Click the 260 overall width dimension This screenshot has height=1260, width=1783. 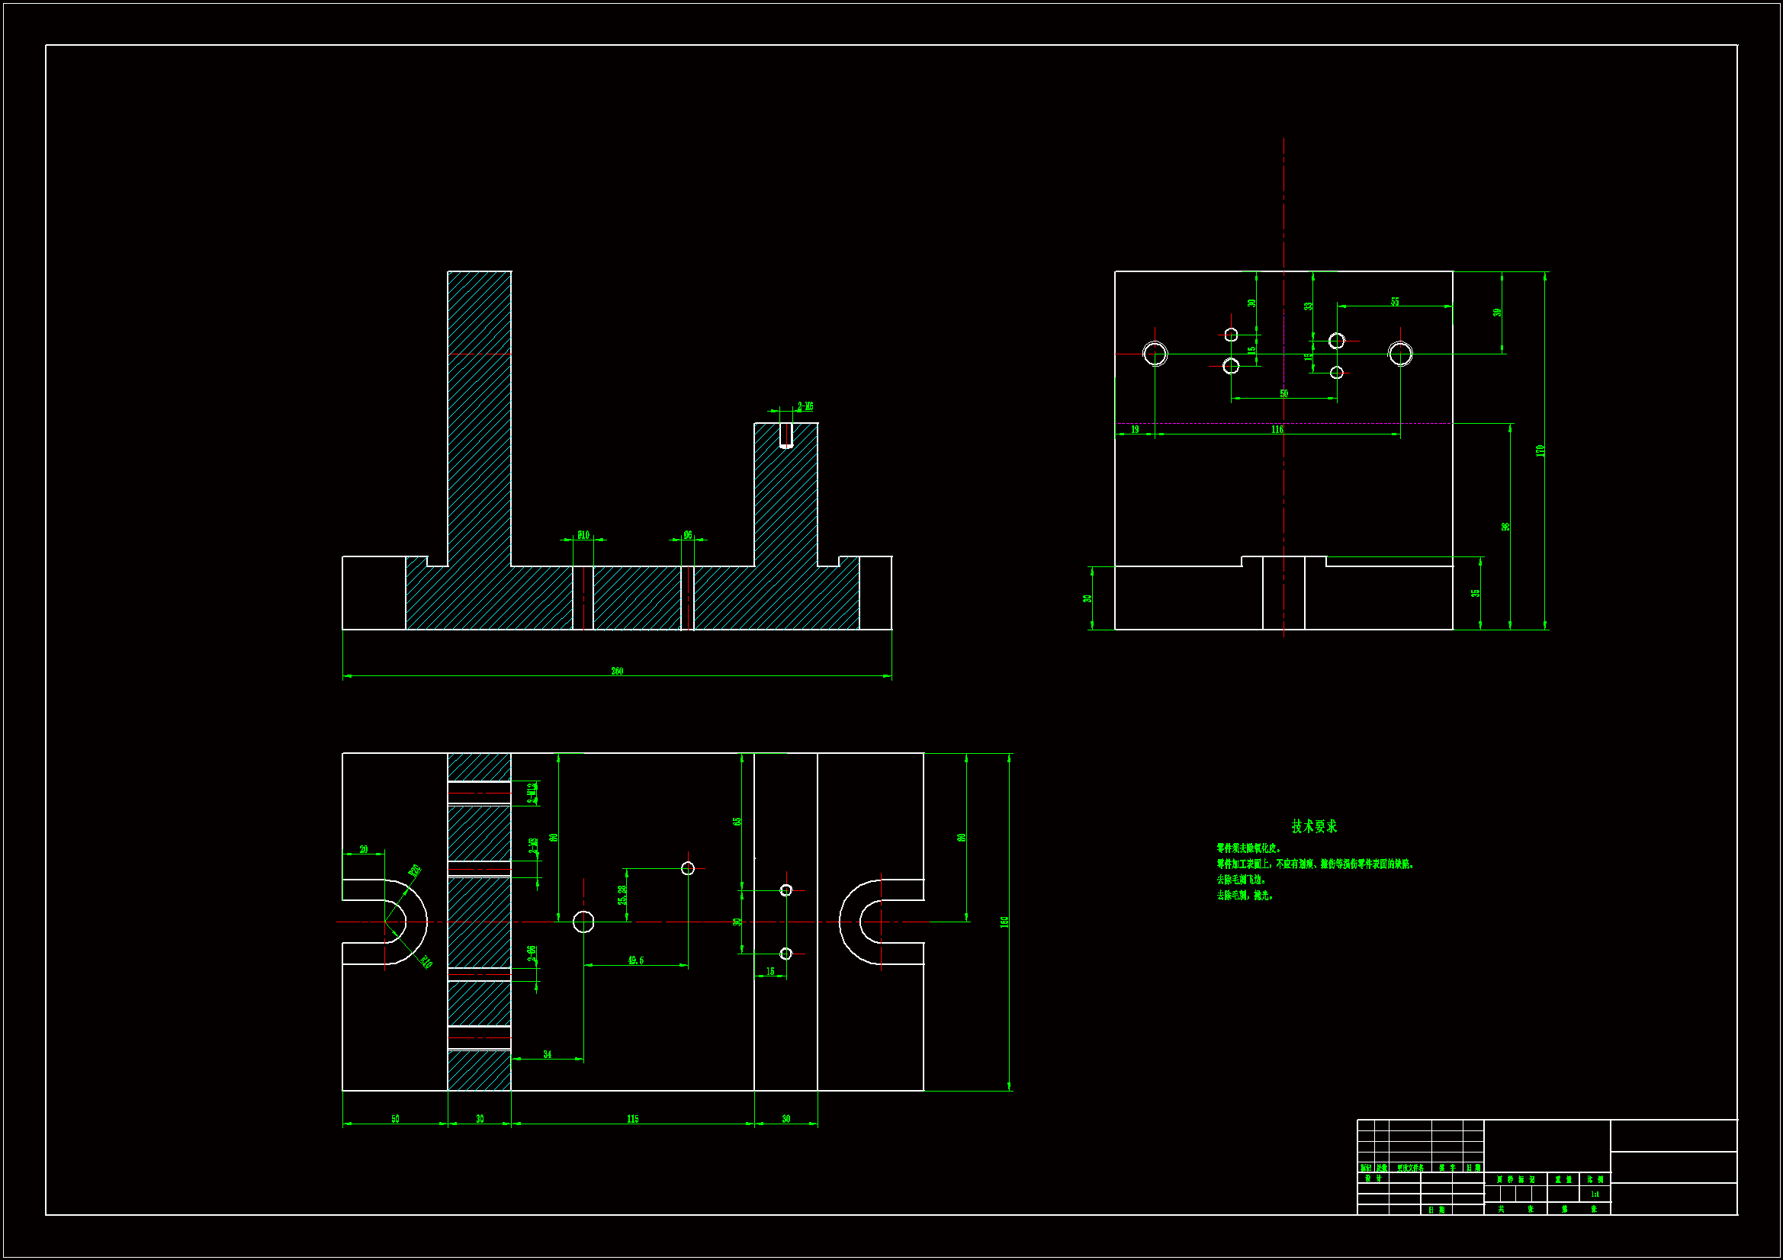click(x=617, y=671)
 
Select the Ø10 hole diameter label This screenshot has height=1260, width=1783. click(x=583, y=535)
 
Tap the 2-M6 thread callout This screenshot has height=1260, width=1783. click(x=805, y=406)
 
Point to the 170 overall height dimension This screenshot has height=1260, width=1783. click(x=1540, y=450)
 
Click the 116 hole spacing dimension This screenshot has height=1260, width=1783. click(x=1277, y=429)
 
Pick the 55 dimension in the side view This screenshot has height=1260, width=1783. click(x=1395, y=301)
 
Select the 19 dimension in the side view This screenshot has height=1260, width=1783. click(x=1135, y=429)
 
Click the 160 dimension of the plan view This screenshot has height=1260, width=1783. click(x=1004, y=922)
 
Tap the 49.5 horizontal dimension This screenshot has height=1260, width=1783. click(x=635, y=960)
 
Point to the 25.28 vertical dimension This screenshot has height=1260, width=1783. click(x=622, y=895)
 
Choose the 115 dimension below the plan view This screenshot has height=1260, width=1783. click(x=633, y=1119)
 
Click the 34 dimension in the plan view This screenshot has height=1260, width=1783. click(x=548, y=1054)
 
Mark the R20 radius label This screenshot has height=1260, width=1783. click(x=415, y=871)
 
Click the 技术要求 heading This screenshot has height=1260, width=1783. click(x=1314, y=826)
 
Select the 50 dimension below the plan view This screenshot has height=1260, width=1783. click(x=395, y=1119)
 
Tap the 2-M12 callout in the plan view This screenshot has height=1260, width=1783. click(x=532, y=793)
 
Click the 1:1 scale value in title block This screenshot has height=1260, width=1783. click(x=1595, y=1194)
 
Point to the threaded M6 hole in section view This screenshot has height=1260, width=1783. click(x=786, y=436)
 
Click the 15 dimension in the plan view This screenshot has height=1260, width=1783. click(x=770, y=971)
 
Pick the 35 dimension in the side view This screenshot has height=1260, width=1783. click(x=1476, y=593)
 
